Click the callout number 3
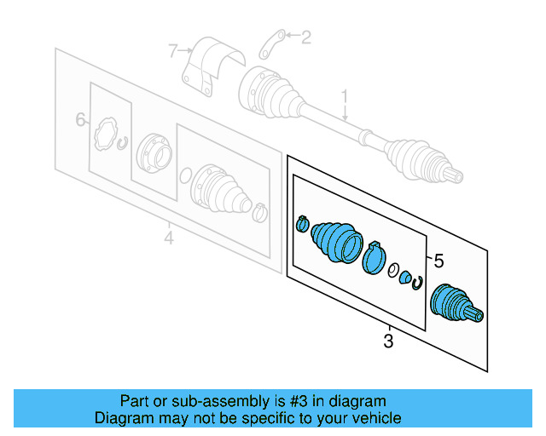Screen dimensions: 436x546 [x=388, y=342]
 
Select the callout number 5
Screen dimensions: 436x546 [x=439, y=261]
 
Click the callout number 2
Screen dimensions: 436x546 [x=306, y=37]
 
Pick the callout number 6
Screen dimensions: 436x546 [x=81, y=120]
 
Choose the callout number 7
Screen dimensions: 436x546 [x=173, y=52]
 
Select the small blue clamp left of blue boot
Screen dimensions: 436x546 [x=302, y=224]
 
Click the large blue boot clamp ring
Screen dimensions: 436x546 [x=373, y=258]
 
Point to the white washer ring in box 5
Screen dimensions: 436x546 [x=393, y=272]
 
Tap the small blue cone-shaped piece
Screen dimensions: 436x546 [x=405, y=278]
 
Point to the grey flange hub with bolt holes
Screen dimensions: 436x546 [x=154, y=151]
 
